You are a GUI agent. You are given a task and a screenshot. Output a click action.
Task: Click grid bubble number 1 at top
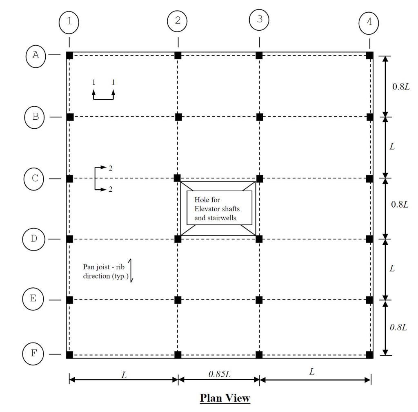[x=69, y=22]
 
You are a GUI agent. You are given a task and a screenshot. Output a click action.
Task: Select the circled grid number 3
[x=260, y=19]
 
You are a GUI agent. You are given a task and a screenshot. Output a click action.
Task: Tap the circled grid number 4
[x=369, y=22]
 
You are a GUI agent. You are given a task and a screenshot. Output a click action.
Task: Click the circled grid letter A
[x=36, y=54]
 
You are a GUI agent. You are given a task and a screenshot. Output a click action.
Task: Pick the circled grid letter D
[x=33, y=239]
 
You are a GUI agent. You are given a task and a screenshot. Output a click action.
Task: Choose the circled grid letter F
[x=33, y=353]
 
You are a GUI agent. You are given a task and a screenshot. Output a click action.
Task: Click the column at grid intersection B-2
[x=178, y=117]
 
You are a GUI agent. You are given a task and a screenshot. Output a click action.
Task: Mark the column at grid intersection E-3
[x=259, y=300]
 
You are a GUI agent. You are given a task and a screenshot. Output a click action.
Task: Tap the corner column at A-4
[x=369, y=55]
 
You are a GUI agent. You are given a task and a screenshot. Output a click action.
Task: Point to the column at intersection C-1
[x=70, y=179]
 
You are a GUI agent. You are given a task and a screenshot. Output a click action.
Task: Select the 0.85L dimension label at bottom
[x=219, y=372]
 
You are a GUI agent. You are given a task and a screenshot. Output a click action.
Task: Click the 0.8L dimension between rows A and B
[x=400, y=87]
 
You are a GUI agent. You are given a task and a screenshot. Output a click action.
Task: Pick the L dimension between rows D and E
[x=392, y=269]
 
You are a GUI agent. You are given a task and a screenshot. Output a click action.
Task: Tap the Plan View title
[x=225, y=398]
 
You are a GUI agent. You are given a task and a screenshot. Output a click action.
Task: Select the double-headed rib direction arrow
[x=131, y=270]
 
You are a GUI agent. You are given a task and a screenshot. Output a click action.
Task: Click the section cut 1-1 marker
[x=103, y=90]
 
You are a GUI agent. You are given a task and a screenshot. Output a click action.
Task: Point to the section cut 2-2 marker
[x=102, y=179]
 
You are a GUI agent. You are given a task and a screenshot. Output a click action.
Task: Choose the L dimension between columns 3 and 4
[x=312, y=372]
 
